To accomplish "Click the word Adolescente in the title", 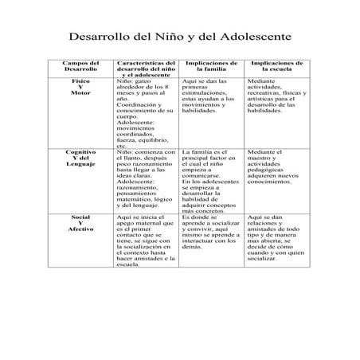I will [253, 37].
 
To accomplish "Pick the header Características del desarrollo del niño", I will [147, 69].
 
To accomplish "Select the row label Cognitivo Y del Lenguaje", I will [80, 158].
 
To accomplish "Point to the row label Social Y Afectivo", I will [80, 223].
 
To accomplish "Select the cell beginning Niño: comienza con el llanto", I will [146, 179].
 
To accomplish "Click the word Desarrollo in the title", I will [98, 37].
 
